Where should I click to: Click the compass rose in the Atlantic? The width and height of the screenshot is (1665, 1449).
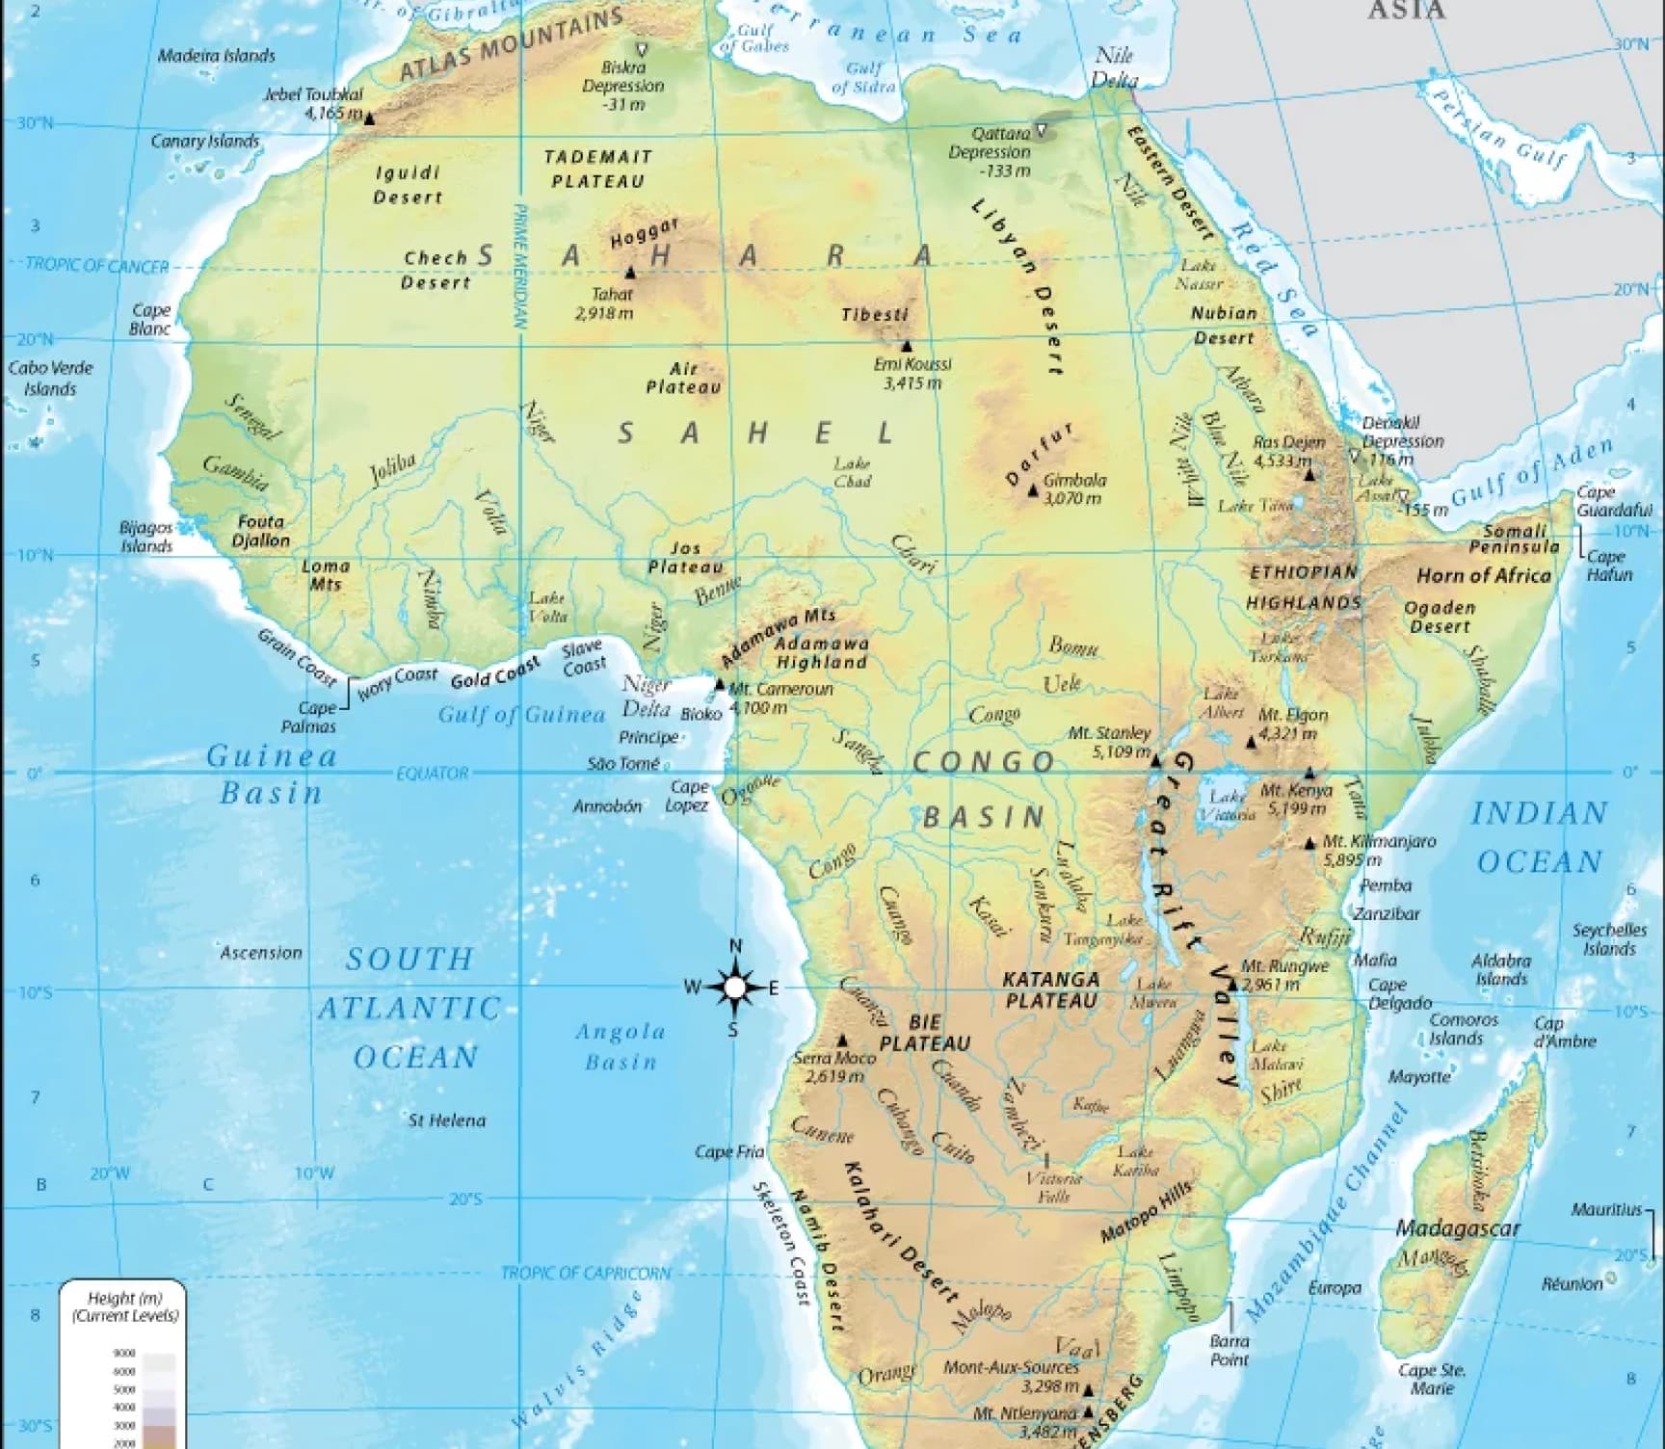click(735, 988)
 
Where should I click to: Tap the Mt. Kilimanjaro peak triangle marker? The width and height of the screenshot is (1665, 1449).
click(1309, 844)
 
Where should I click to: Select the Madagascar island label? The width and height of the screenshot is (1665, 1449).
click(1458, 1228)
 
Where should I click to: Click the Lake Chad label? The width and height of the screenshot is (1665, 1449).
click(853, 473)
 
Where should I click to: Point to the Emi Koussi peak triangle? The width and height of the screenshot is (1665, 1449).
click(906, 346)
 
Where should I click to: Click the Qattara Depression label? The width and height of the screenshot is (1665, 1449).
click(990, 152)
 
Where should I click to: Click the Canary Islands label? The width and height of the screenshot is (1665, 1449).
click(205, 141)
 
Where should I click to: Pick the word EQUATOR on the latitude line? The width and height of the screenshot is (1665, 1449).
click(433, 773)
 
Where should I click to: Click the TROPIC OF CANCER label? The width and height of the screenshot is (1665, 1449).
click(96, 266)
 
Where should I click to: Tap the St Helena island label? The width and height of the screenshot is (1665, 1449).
click(447, 1120)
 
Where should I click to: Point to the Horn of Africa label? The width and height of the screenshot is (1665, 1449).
click(1484, 576)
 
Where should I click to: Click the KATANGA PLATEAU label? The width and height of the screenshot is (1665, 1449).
click(1051, 989)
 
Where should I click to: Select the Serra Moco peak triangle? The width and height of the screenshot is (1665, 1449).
click(842, 1041)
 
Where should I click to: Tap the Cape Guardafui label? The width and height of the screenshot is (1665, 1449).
click(1614, 501)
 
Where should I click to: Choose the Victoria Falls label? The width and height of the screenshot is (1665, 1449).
click(1047, 1187)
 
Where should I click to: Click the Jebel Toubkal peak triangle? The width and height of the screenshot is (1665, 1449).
click(369, 118)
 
